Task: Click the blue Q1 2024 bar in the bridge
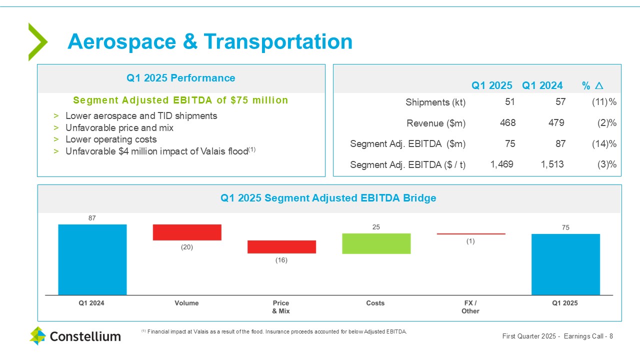tap(92, 259)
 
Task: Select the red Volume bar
tap(187, 232)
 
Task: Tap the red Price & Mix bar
tap(281, 247)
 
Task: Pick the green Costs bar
tap(376, 243)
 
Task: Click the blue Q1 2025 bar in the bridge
tap(565, 264)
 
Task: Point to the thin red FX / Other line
tap(471, 233)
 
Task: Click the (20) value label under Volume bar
tap(187, 247)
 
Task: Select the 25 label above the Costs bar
tap(376, 227)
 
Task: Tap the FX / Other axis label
tap(470, 307)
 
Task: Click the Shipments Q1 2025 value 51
tap(509, 102)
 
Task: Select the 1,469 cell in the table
tap(501, 164)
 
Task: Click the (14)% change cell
tap(603, 143)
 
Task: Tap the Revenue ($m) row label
tap(436, 123)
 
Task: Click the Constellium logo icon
tap(37, 336)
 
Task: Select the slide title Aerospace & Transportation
tap(210, 41)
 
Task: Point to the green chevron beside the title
tap(37, 42)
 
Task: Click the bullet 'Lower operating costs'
tap(111, 139)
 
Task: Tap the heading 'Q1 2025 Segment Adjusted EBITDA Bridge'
tap(328, 198)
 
